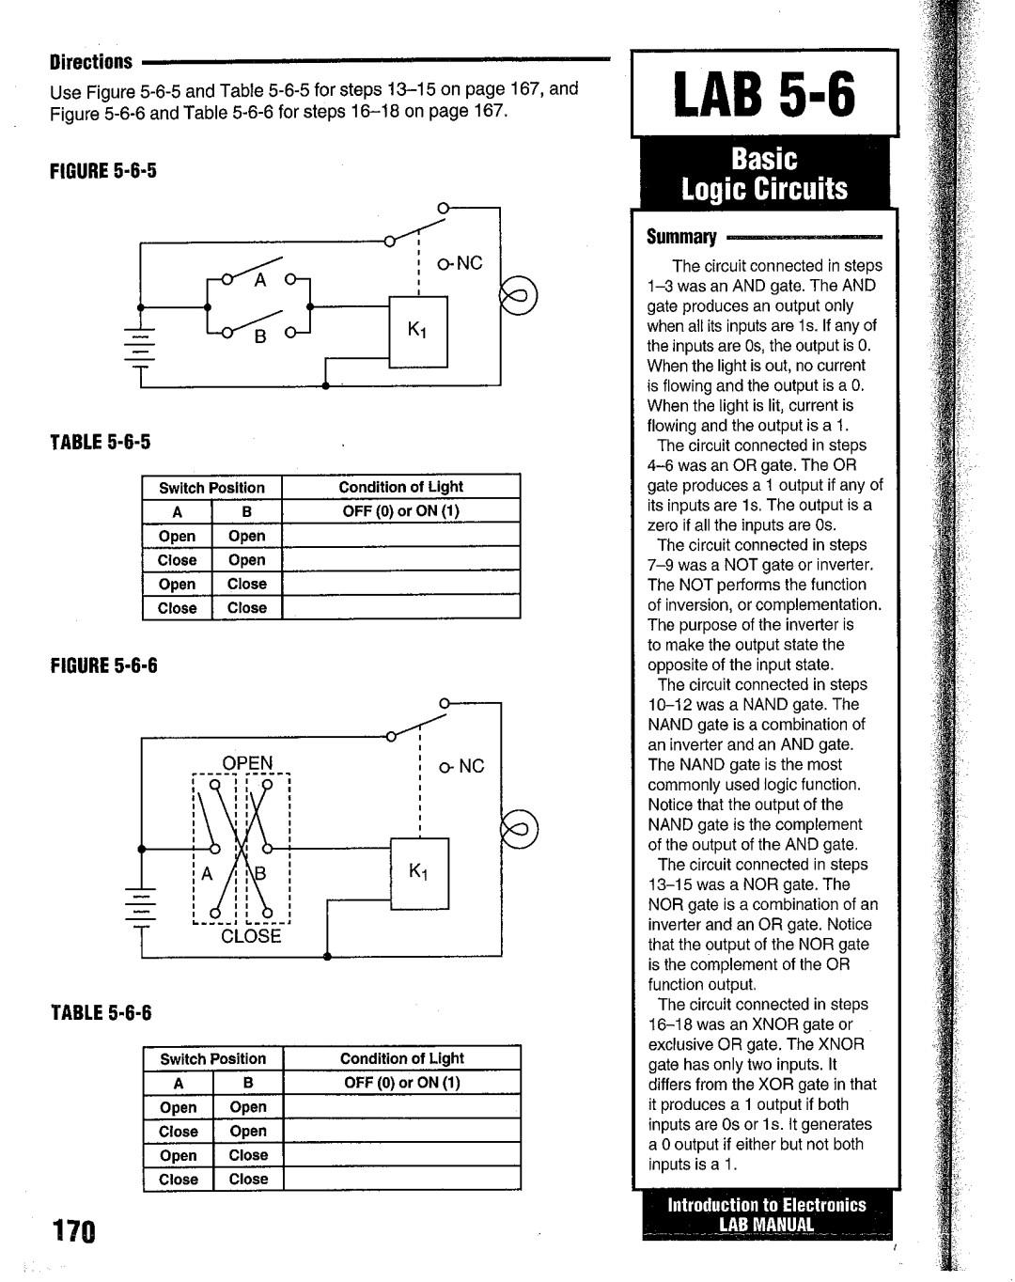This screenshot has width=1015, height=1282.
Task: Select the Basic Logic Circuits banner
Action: tap(764, 175)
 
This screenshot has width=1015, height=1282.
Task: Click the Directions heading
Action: tap(90, 62)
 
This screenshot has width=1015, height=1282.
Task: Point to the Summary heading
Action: tap(680, 238)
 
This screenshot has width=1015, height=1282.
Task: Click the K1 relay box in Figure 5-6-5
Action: tap(418, 332)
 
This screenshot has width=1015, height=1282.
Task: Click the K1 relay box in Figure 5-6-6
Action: tap(419, 873)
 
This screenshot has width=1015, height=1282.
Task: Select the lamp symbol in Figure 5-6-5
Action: tap(517, 296)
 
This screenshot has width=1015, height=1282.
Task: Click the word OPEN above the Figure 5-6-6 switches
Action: tap(247, 762)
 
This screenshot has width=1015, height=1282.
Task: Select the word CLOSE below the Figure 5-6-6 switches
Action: tap(251, 936)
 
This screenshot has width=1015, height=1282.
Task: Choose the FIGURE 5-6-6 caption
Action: tap(103, 665)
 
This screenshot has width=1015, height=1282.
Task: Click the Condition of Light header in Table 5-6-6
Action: tap(401, 1058)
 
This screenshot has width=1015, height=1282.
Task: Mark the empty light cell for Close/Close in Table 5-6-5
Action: tap(400, 608)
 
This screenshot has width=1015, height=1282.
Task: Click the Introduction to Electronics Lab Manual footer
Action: tap(767, 1214)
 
